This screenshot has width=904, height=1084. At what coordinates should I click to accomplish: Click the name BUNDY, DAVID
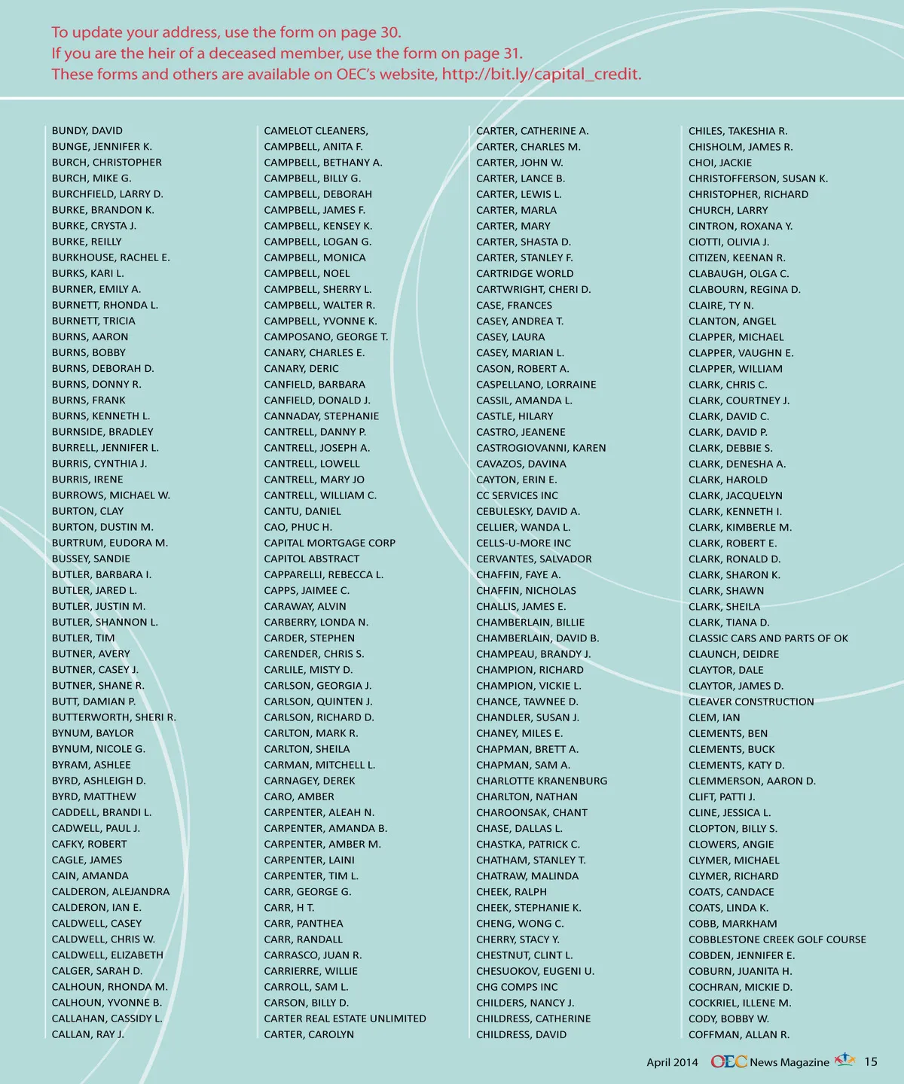[87, 131]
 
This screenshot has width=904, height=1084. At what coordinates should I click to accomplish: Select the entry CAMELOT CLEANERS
[316, 131]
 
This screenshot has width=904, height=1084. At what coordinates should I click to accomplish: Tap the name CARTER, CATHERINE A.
[532, 131]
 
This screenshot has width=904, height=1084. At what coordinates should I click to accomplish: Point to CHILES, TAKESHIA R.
[738, 131]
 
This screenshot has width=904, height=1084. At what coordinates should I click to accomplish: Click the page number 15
[870, 1061]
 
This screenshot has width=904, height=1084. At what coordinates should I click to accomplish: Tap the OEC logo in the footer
[728, 1061]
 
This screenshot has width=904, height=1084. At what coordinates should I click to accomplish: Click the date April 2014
[672, 1062]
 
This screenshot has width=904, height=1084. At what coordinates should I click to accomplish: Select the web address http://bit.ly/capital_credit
[541, 75]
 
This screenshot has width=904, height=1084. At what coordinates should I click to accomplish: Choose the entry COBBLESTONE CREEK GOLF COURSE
[777, 939]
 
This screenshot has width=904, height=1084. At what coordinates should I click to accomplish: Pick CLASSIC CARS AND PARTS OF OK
[768, 638]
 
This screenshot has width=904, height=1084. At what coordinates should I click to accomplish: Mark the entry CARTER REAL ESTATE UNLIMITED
[344, 1019]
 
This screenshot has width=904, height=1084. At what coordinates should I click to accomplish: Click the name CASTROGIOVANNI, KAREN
[540, 448]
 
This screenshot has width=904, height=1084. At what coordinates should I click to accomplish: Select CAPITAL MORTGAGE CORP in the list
[329, 543]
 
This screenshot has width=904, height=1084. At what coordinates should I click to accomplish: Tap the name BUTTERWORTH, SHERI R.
[114, 717]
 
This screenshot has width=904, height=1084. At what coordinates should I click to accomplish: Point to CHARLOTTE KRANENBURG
[541, 781]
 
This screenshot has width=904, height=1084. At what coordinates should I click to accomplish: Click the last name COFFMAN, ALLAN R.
[738, 1034]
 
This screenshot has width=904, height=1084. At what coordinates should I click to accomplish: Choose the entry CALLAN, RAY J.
[87, 1034]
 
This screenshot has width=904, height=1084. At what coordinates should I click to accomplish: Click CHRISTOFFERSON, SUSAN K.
[758, 178]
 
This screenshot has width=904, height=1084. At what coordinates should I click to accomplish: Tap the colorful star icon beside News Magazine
[844, 1060]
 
